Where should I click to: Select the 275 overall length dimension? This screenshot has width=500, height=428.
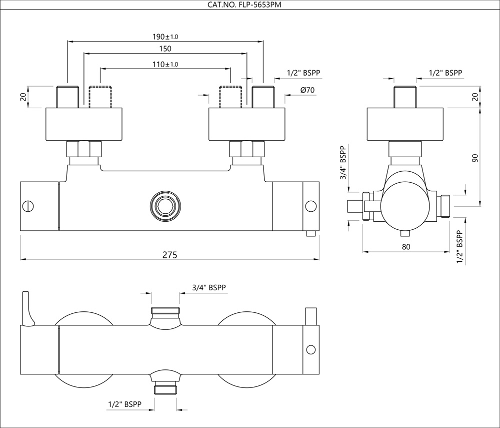[169, 254]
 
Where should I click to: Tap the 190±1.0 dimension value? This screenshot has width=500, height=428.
[165, 37]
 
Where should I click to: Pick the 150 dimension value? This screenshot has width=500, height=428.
[165, 49]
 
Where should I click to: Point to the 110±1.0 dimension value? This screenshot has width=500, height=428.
[165, 65]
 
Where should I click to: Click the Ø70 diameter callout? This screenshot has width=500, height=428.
[307, 91]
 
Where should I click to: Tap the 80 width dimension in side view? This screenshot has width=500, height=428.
[406, 247]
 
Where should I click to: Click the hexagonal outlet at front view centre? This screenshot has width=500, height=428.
[163, 205]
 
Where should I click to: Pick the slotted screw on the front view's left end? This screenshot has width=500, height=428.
[28, 205]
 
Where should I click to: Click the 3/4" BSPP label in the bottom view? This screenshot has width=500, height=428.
[209, 288]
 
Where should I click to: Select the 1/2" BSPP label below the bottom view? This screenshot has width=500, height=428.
[124, 403]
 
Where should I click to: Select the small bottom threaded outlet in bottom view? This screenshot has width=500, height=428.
[164, 389]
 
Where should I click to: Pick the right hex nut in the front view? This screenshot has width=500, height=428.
[246, 149]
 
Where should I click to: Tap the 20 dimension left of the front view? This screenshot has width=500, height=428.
[23, 96]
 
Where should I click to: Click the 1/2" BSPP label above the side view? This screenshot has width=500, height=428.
[445, 73]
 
